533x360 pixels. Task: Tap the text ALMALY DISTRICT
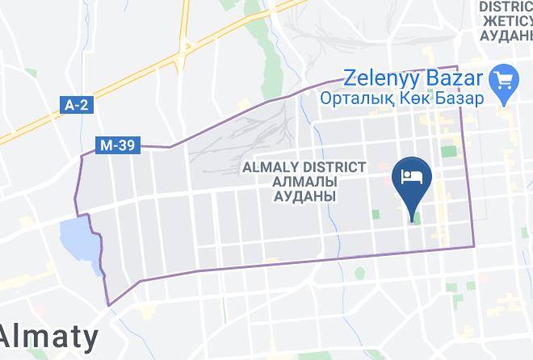coord(304,167)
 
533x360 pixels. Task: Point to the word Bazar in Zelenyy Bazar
coord(456,78)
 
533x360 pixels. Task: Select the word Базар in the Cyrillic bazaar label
coord(458,98)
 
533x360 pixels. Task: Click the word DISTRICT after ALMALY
coord(333,167)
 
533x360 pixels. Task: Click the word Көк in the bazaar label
coord(420,98)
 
